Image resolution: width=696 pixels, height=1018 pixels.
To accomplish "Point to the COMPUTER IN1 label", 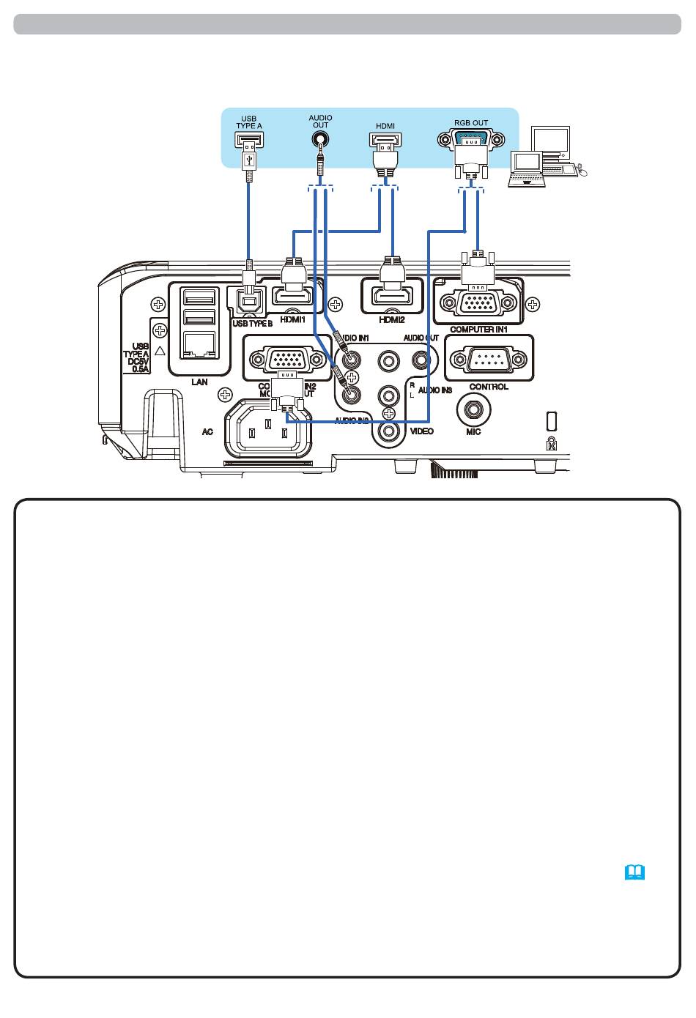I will (479, 330).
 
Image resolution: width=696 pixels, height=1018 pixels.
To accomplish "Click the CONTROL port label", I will (488, 387).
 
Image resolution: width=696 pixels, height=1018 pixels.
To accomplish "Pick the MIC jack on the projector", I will (473, 408).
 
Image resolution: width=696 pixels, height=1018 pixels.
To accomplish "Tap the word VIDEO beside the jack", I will (421, 431).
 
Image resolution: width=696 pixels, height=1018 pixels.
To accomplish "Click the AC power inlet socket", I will (267, 433).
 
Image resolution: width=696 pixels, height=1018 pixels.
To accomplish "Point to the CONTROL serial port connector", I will (488, 360).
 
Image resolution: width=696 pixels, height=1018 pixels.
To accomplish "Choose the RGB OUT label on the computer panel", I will (470, 123).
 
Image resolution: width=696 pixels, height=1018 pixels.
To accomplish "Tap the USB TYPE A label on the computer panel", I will (248, 122).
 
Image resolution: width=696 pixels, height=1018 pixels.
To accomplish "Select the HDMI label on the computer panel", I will (385, 126).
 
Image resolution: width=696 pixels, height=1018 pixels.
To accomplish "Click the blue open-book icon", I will (634, 872).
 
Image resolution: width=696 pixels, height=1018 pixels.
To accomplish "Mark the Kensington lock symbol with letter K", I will (552, 443).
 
